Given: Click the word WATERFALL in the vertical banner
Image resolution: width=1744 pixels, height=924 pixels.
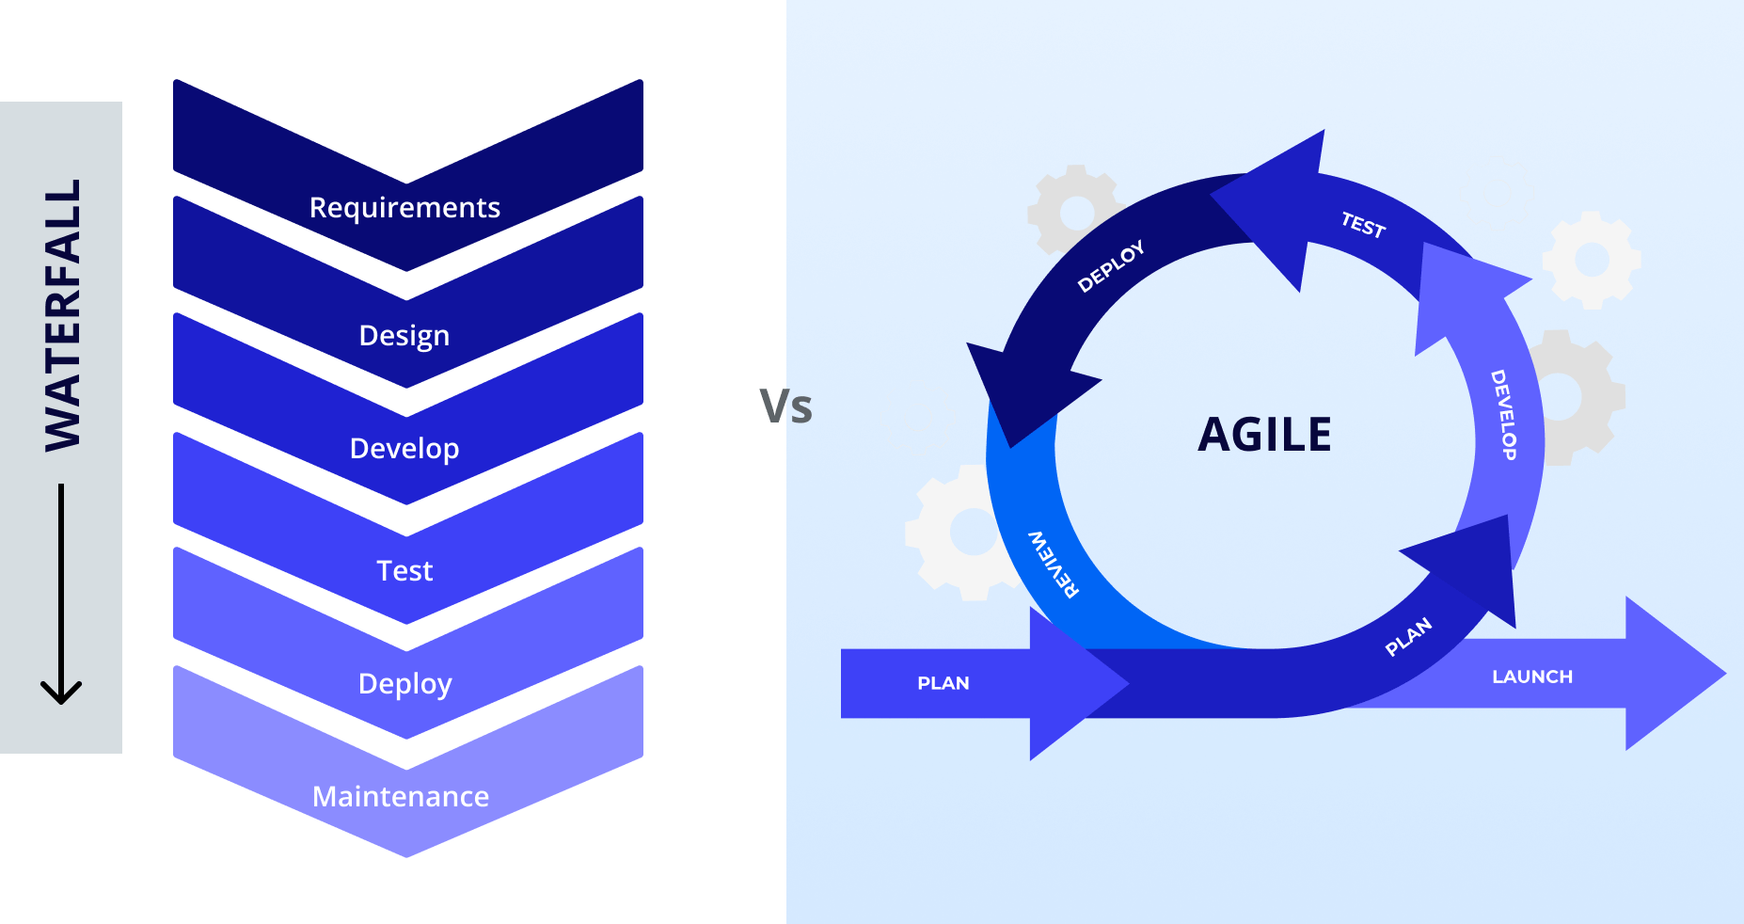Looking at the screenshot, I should (x=62, y=315).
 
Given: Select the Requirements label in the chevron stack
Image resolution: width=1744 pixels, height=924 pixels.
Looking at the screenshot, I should (x=404, y=207).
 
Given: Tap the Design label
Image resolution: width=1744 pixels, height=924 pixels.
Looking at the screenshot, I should (x=404, y=336).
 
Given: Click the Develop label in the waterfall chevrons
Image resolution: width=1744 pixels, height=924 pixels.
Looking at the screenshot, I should (x=404, y=449).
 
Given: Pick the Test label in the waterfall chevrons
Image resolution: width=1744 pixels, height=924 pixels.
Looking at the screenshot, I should (x=404, y=571).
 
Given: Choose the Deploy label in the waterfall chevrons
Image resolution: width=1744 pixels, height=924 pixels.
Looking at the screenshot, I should (x=404, y=684).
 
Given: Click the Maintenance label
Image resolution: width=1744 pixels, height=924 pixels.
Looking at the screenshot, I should (x=401, y=797).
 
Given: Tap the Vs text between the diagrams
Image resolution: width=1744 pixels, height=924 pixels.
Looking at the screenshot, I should (x=785, y=407).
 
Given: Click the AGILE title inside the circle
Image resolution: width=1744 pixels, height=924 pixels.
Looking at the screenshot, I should (x=1264, y=435).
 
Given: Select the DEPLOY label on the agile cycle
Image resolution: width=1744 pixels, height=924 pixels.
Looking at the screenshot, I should (x=1111, y=265).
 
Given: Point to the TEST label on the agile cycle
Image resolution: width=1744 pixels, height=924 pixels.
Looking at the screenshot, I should (x=1363, y=225).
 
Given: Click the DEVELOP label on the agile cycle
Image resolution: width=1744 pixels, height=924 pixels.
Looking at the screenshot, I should (x=1503, y=414).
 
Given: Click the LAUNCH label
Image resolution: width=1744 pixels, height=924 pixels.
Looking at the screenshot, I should (x=1531, y=677).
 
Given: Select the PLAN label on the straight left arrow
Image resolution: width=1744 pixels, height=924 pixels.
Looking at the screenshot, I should (x=943, y=683).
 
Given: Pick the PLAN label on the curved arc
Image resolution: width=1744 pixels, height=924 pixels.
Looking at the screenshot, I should (x=1408, y=637).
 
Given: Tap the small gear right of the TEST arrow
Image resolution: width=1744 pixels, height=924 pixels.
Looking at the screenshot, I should (x=1592, y=259).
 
